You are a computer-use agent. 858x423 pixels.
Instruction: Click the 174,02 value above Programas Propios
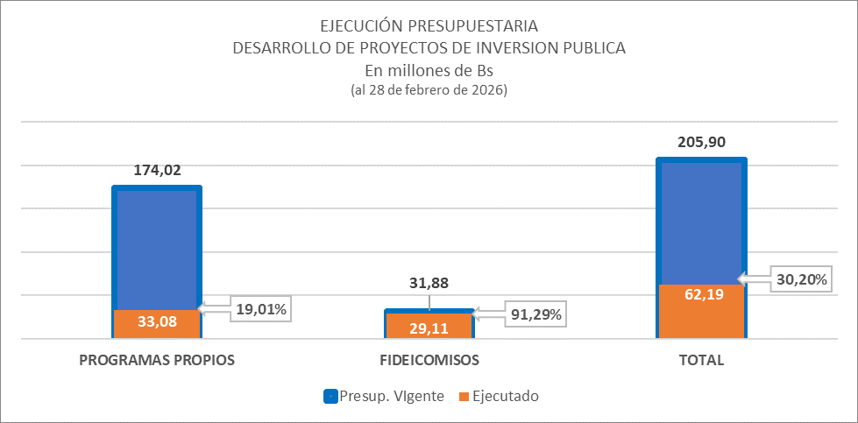point(157,171)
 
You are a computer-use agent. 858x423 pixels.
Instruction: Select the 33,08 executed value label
point(157,321)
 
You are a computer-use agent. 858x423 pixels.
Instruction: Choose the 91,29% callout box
point(535,313)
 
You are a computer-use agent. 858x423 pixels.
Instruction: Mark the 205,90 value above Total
point(701,143)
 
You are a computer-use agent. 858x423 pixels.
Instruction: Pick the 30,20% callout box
point(800,279)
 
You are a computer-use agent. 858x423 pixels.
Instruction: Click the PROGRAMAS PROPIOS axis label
point(157,360)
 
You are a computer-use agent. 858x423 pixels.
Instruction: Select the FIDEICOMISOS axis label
point(429,360)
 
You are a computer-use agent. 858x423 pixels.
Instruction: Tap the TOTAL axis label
point(701,360)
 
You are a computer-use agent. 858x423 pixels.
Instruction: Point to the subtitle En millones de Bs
point(429,71)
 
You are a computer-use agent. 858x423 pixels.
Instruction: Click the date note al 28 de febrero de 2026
point(429,90)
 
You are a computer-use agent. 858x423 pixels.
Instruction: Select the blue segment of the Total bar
point(701,223)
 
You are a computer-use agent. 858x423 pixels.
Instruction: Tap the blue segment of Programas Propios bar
point(157,250)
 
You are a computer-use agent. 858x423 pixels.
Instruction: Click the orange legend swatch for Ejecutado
point(463,396)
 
